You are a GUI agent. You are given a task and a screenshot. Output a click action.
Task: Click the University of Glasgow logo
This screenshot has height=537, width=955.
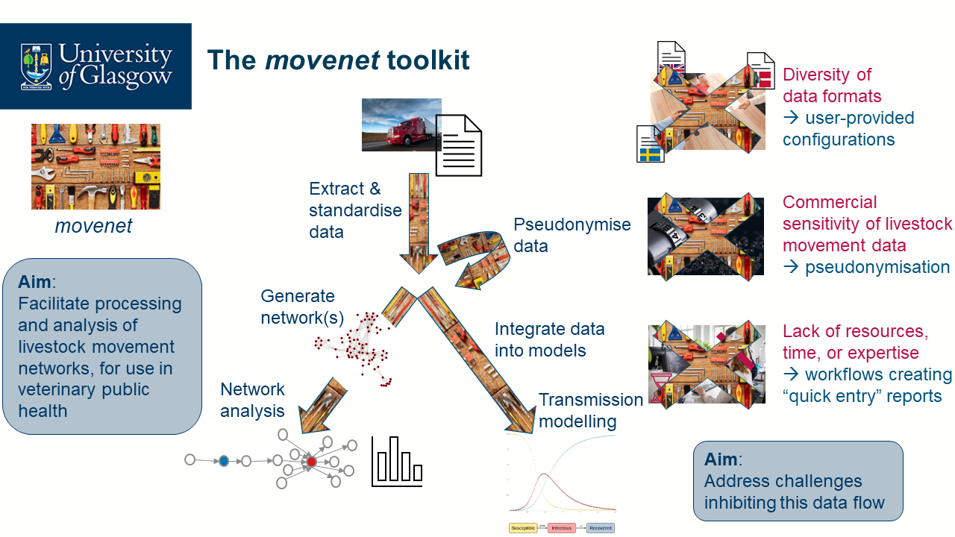point(95,66)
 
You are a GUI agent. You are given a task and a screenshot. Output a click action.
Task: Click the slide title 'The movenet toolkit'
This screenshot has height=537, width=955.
point(338,60)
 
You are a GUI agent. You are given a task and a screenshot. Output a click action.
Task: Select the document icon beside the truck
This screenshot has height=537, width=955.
point(459,145)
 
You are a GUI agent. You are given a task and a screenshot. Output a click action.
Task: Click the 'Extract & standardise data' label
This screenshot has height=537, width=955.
point(355,210)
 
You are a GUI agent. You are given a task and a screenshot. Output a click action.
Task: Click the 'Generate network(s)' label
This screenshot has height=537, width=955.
point(302,307)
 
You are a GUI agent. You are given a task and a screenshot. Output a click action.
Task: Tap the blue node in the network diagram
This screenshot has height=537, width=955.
point(223,461)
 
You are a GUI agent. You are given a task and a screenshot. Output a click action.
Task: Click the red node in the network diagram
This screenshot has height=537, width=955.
point(312,462)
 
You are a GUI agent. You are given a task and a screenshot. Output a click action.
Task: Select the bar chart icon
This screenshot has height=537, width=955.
point(397,462)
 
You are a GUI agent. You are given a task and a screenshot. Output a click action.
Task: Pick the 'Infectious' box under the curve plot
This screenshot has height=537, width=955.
point(562,528)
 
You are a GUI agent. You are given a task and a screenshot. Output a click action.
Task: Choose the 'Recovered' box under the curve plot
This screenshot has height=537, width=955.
point(600,528)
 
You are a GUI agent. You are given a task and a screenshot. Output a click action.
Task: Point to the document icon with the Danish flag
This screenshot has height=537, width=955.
point(760,71)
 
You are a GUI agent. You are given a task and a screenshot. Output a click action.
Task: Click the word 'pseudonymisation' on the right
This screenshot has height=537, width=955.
point(877,267)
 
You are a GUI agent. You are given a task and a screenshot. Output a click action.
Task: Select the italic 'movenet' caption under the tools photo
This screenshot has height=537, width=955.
point(93,226)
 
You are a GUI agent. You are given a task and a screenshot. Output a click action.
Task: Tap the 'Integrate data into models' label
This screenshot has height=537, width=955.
point(549,339)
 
